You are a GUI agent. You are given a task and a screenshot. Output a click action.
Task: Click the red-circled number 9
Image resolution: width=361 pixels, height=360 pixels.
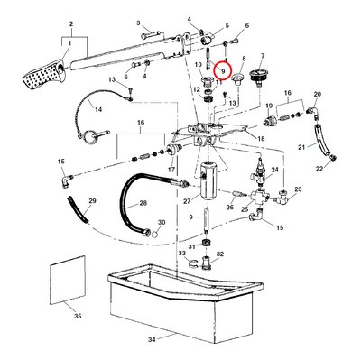[223, 71]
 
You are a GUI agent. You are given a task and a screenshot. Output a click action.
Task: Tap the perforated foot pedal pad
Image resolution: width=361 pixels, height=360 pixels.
[43, 76]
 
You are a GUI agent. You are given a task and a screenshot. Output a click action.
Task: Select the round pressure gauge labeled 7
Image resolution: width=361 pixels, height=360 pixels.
[257, 75]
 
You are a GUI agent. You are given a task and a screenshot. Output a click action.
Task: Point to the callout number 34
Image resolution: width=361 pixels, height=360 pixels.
[153, 340]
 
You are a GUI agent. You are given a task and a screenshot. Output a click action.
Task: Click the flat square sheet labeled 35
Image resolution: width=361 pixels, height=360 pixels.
[68, 280]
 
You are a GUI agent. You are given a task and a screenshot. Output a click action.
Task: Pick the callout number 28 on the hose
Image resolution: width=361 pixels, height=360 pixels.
[143, 203]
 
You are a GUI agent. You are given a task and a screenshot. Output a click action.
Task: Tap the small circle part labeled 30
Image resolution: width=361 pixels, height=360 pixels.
[154, 234]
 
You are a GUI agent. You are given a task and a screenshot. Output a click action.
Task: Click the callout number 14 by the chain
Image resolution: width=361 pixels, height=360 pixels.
[98, 109]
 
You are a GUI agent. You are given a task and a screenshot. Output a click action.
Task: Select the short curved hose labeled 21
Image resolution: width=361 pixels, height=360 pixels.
[321, 140]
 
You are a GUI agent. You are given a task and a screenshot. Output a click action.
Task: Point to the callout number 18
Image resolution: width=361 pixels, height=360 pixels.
[261, 138]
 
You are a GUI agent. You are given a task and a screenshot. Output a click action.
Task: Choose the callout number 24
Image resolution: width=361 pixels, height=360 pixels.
[274, 170]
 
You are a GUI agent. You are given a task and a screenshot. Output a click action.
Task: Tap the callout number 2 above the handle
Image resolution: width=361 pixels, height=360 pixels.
[71, 23]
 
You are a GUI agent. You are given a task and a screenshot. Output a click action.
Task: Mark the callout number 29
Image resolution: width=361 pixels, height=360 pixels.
[92, 200]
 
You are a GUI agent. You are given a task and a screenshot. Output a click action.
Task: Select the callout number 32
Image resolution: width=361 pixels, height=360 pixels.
[220, 254]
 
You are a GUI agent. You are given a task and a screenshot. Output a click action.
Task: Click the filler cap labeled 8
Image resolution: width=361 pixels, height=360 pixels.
[238, 78]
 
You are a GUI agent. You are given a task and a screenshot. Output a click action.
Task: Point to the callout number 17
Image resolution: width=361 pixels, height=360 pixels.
[171, 170]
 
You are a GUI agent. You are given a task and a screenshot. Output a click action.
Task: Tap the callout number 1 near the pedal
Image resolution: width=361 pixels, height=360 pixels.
[69, 43]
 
